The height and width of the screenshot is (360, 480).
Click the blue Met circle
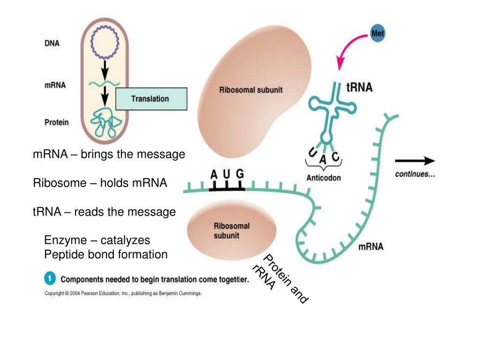point(377,34)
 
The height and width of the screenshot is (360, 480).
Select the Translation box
point(151,99)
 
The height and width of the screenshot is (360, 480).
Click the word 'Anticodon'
point(323,178)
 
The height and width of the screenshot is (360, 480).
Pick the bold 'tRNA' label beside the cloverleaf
point(359,88)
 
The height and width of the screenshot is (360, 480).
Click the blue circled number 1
point(50,279)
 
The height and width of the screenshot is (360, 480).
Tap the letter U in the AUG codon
point(226,174)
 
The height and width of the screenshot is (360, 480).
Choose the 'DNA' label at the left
point(52,43)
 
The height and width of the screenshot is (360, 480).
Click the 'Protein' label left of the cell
point(56,122)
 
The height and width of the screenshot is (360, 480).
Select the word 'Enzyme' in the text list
point(66,240)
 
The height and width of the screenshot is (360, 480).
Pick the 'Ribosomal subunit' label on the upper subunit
point(251,90)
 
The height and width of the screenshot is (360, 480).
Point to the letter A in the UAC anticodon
point(323,159)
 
